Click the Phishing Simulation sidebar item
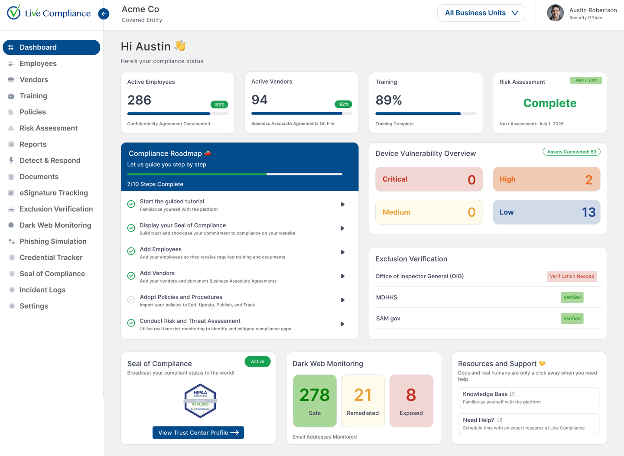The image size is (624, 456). pyautogui.click(x=53, y=241)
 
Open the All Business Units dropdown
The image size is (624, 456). pyautogui.click(x=481, y=13)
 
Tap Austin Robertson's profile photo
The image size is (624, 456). pyautogui.click(x=555, y=13)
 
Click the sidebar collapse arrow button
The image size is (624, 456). pyautogui.click(x=104, y=14)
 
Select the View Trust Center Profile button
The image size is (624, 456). pyautogui.click(x=198, y=433)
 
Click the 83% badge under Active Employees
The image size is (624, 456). pyautogui.click(x=219, y=104)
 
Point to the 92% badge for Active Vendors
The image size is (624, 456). pyautogui.click(x=344, y=104)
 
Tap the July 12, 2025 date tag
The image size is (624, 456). pyautogui.click(x=585, y=80)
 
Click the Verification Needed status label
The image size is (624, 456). pyautogui.click(x=572, y=276)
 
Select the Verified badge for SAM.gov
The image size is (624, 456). pyautogui.click(x=572, y=319)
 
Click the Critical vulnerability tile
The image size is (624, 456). pyautogui.click(x=429, y=179)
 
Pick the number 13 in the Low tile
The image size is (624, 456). pyautogui.click(x=588, y=212)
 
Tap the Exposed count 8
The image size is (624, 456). pyautogui.click(x=411, y=395)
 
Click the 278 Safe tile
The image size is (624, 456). pyautogui.click(x=315, y=401)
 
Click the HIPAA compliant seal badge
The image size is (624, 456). pyautogui.click(x=200, y=401)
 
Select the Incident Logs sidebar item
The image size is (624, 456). pyautogui.click(x=42, y=290)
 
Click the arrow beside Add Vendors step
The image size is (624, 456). pyautogui.click(x=342, y=276)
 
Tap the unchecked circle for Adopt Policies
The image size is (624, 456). pyautogui.click(x=131, y=300)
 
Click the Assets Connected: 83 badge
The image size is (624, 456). pyautogui.click(x=571, y=152)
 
